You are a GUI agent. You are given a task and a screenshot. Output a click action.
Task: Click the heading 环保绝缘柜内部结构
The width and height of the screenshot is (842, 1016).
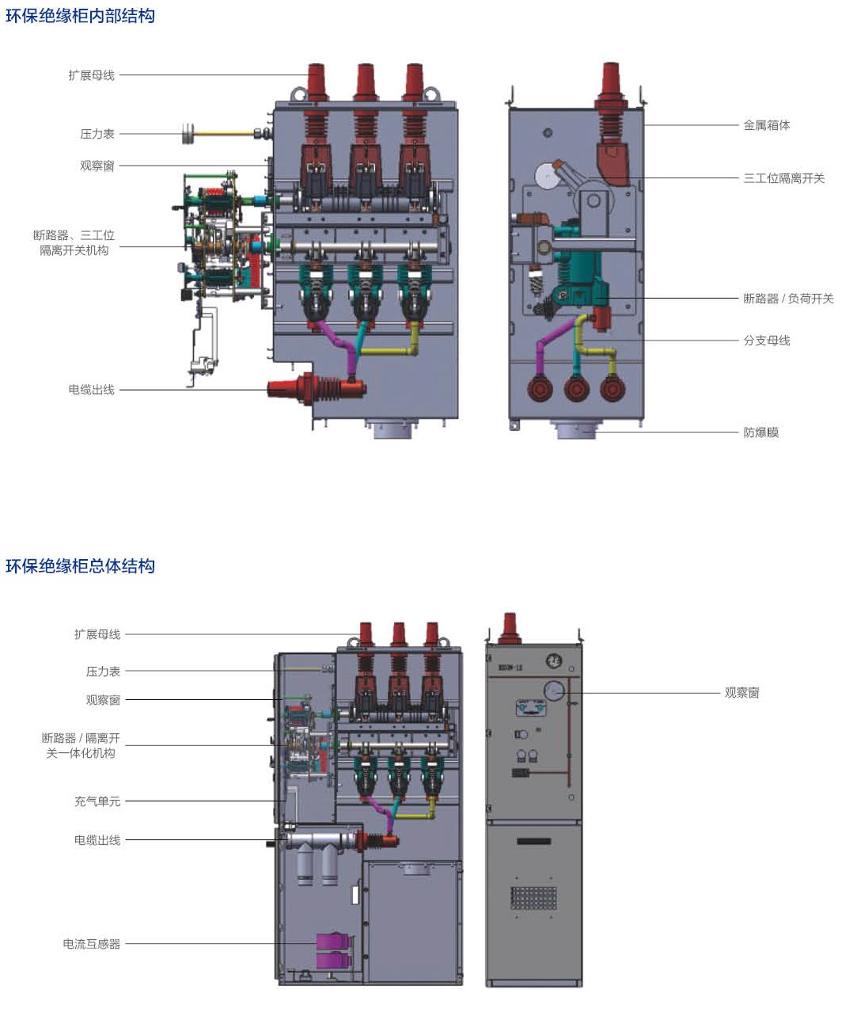tap(80, 16)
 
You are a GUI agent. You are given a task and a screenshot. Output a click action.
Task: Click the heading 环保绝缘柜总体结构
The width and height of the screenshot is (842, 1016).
tap(80, 566)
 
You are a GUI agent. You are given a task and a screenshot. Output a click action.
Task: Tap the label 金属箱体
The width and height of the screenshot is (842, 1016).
tap(766, 125)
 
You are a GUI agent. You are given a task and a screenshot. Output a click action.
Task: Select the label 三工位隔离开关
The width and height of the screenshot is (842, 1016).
tap(783, 178)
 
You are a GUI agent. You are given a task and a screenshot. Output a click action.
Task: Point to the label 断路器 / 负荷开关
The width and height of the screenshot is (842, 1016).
tap(788, 299)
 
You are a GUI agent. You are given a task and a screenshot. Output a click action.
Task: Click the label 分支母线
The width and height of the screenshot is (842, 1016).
tap(766, 341)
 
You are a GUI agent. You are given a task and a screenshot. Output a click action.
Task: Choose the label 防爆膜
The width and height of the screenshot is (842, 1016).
tap(760, 432)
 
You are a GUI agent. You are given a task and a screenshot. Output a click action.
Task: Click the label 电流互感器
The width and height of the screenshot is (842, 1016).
tap(92, 944)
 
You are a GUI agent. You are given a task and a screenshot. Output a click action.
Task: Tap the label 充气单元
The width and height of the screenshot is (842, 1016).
tap(97, 801)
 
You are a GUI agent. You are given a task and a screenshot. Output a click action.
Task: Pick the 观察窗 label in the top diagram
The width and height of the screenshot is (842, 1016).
tap(97, 166)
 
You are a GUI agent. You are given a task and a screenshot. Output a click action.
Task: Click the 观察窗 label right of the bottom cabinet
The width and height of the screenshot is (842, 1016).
tap(741, 693)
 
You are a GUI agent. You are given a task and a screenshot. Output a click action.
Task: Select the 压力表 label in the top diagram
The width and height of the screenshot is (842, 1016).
tap(97, 134)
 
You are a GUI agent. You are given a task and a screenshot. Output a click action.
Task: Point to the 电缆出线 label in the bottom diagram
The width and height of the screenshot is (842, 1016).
tap(97, 840)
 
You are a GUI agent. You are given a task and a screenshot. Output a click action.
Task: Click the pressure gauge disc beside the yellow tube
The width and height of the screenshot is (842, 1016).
tap(188, 134)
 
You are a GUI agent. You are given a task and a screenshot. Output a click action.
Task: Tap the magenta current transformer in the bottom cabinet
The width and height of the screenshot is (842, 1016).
tap(332, 950)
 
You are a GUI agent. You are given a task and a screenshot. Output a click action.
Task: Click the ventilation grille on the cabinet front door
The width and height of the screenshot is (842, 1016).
tap(533, 898)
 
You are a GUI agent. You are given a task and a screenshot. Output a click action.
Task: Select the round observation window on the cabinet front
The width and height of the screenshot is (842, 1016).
tap(555, 691)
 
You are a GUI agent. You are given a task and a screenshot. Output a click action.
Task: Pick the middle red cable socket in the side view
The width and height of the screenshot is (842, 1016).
tap(577, 389)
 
